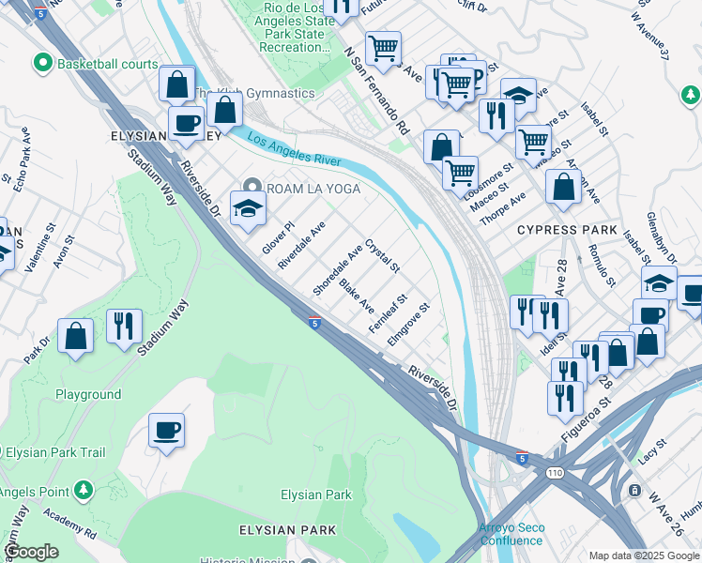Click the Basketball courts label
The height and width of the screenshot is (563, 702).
(96, 64)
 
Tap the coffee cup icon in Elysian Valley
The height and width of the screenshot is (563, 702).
(186, 123)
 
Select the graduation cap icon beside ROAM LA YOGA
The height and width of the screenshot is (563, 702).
(247, 208)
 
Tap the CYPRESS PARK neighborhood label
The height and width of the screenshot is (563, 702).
(567, 230)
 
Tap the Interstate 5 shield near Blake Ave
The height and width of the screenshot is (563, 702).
(315, 323)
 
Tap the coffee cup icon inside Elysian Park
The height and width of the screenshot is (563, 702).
(166, 431)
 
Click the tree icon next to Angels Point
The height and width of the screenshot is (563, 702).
(84, 490)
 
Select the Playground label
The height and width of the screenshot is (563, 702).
(88, 395)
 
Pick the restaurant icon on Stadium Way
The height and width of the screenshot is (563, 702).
(124, 327)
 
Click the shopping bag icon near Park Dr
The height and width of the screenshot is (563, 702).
(75, 336)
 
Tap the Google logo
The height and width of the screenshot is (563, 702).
(32, 552)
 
